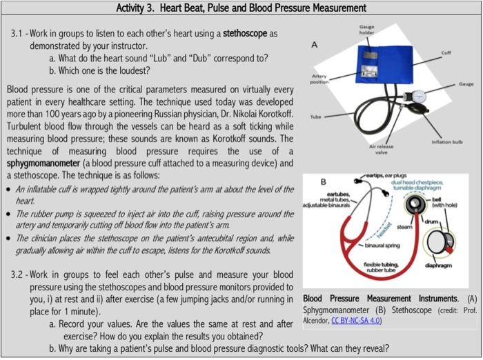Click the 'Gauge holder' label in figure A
tap(366, 30)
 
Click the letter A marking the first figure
tap(315, 45)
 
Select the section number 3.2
tap(19, 274)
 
